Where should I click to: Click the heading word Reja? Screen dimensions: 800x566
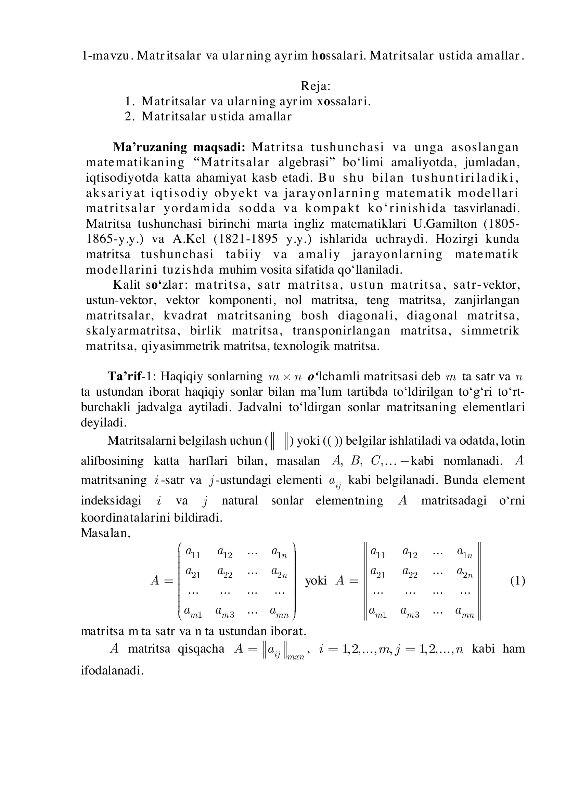[x=316, y=86]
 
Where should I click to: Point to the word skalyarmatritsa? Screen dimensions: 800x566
[x=133, y=331]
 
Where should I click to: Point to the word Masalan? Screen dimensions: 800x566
[x=106, y=533]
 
